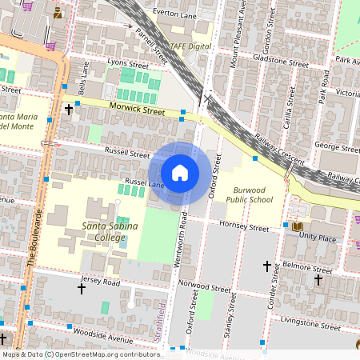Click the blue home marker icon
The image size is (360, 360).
point(180,173)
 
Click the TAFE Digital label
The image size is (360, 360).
point(187,46)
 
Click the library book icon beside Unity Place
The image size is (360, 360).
point(298,227)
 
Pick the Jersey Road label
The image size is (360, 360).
point(100,282)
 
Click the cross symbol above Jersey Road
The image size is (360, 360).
point(81,288)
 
